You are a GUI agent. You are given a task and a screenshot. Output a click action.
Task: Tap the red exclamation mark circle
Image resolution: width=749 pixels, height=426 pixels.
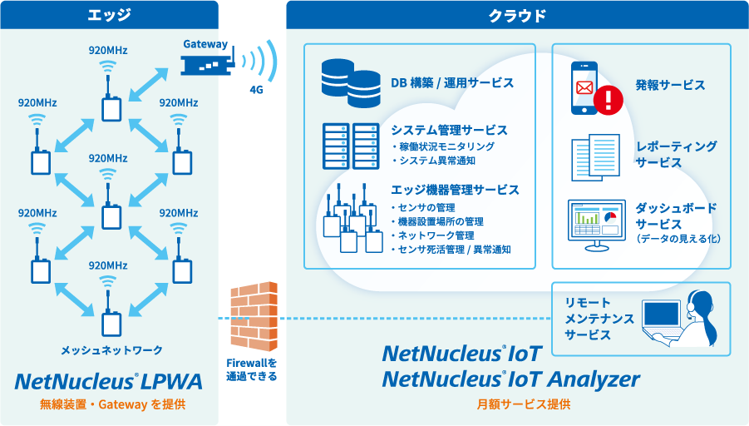coord(609,100)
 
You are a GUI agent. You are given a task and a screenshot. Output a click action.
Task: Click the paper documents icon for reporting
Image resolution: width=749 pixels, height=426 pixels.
coord(595,156)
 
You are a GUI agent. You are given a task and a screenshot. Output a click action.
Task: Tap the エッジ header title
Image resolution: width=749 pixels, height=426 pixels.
coord(109,14)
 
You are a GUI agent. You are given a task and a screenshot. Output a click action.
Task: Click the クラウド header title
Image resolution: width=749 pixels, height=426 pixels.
coord(516,14)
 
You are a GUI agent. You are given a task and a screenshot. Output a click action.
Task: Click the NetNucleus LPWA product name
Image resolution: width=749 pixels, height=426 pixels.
coord(109,382)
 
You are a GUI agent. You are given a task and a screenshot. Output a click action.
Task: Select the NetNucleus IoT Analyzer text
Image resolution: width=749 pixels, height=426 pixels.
coord(511,379)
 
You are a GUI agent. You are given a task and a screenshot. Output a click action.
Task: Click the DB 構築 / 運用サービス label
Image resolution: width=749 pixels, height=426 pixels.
coord(452,83)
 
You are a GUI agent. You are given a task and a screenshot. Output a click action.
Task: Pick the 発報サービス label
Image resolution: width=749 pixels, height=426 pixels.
coord(670,85)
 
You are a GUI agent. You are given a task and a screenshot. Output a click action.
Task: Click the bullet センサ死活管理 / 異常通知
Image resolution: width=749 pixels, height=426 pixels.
coord(454,250)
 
